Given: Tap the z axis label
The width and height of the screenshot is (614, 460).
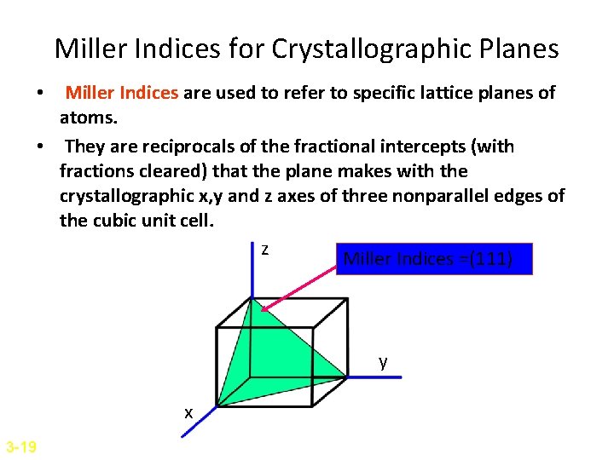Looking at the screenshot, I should click(265, 250).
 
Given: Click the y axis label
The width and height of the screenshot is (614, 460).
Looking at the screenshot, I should click(384, 362).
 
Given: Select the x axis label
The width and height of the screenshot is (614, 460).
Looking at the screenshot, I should click(188, 413).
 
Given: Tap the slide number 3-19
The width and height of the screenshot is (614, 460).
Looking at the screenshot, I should click(20, 446).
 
